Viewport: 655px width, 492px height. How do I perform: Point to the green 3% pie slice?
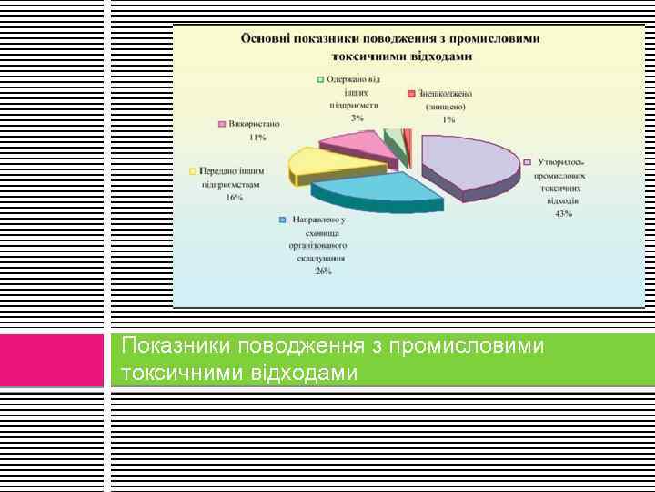tap(394, 141)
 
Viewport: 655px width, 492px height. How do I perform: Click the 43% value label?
tap(563, 213)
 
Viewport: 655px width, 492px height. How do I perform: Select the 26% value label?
tap(324, 271)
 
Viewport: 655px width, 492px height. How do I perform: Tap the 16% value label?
tap(234, 197)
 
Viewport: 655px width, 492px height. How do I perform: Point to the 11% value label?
tap(257, 137)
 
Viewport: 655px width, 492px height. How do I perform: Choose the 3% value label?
tap(358, 118)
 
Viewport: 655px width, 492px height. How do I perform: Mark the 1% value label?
tap(448, 119)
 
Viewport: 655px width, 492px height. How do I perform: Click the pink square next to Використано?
tap(221, 123)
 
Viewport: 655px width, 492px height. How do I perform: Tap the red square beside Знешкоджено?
tap(411, 93)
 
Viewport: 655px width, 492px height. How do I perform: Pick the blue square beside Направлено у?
tap(283, 220)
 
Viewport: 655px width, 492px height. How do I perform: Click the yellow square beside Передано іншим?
tap(192, 170)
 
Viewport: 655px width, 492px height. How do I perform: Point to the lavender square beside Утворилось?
tap(527, 161)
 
